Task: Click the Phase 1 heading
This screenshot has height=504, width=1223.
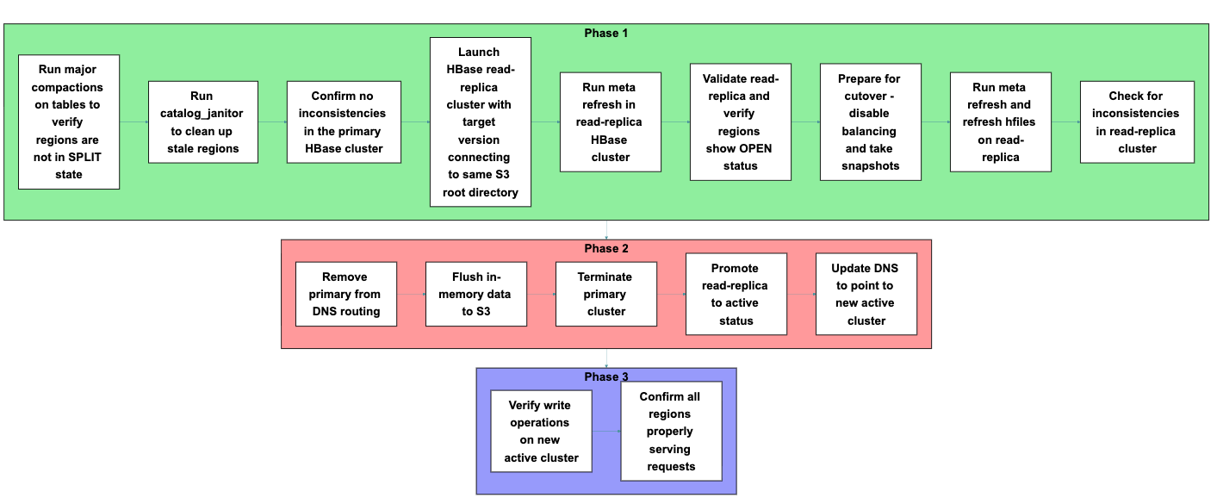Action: click(x=606, y=33)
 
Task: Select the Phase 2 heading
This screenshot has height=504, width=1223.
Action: click(x=606, y=249)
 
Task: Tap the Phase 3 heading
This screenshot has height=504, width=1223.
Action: click(x=606, y=377)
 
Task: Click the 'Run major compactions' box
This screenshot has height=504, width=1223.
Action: click(x=69, y=121)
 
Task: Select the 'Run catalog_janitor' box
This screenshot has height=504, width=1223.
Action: click(x=202, y=121)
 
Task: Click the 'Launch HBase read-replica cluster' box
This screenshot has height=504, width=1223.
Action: click(x=480, y=121)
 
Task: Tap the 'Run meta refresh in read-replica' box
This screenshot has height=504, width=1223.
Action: click(x=611, y=121)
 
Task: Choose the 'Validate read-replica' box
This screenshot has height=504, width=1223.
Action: click(x=741, y=121)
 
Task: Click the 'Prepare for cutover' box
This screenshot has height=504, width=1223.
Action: click(x=870, y=121)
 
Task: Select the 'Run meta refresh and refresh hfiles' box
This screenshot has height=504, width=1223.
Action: click(x=1000, y=121)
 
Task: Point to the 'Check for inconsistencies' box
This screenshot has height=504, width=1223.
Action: click(x=1137, y=121)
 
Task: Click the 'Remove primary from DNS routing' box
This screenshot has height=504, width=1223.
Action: click(x=345, y=294)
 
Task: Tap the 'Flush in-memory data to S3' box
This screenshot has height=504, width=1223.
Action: click(x=476, y=294)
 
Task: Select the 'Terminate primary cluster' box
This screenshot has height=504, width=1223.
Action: click(x=605, y=294)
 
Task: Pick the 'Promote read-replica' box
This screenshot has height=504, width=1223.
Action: click(x=736, y=294)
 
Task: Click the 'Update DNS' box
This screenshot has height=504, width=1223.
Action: click(x=866, y=294)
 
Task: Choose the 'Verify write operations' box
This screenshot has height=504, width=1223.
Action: click(x=541, y=431)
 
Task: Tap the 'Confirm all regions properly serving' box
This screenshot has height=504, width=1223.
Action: click(x=671, y=431)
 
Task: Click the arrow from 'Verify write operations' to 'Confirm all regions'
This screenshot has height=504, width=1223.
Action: click(x=606, y=431)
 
